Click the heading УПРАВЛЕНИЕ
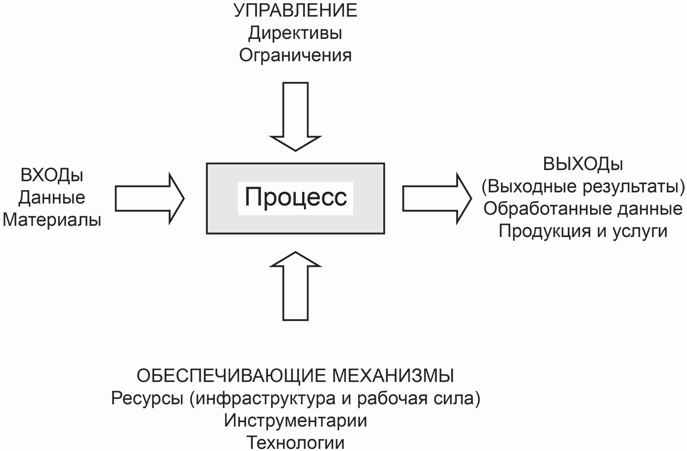296,10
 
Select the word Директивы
295,33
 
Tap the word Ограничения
296,55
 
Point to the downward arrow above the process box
296,117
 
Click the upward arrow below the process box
296,286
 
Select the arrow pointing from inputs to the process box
150,199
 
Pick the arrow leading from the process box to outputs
437,199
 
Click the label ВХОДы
52,175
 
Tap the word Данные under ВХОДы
52,198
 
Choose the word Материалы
52,220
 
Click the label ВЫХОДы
583,164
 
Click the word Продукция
545,232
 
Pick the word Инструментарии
296,420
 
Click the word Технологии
296,443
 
